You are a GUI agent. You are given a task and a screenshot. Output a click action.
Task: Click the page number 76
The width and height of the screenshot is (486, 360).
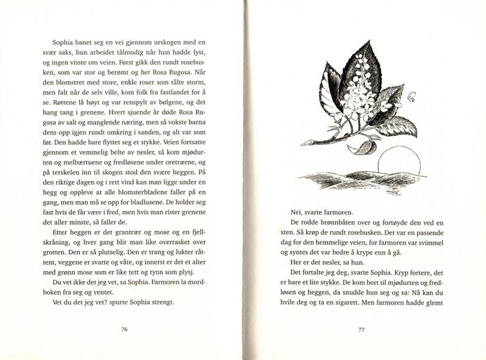click(124, 329)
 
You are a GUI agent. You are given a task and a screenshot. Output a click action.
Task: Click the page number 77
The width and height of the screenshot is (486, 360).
click(361, 329)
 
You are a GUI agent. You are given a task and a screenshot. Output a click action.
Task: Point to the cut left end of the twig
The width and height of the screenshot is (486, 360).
click(303, 142)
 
